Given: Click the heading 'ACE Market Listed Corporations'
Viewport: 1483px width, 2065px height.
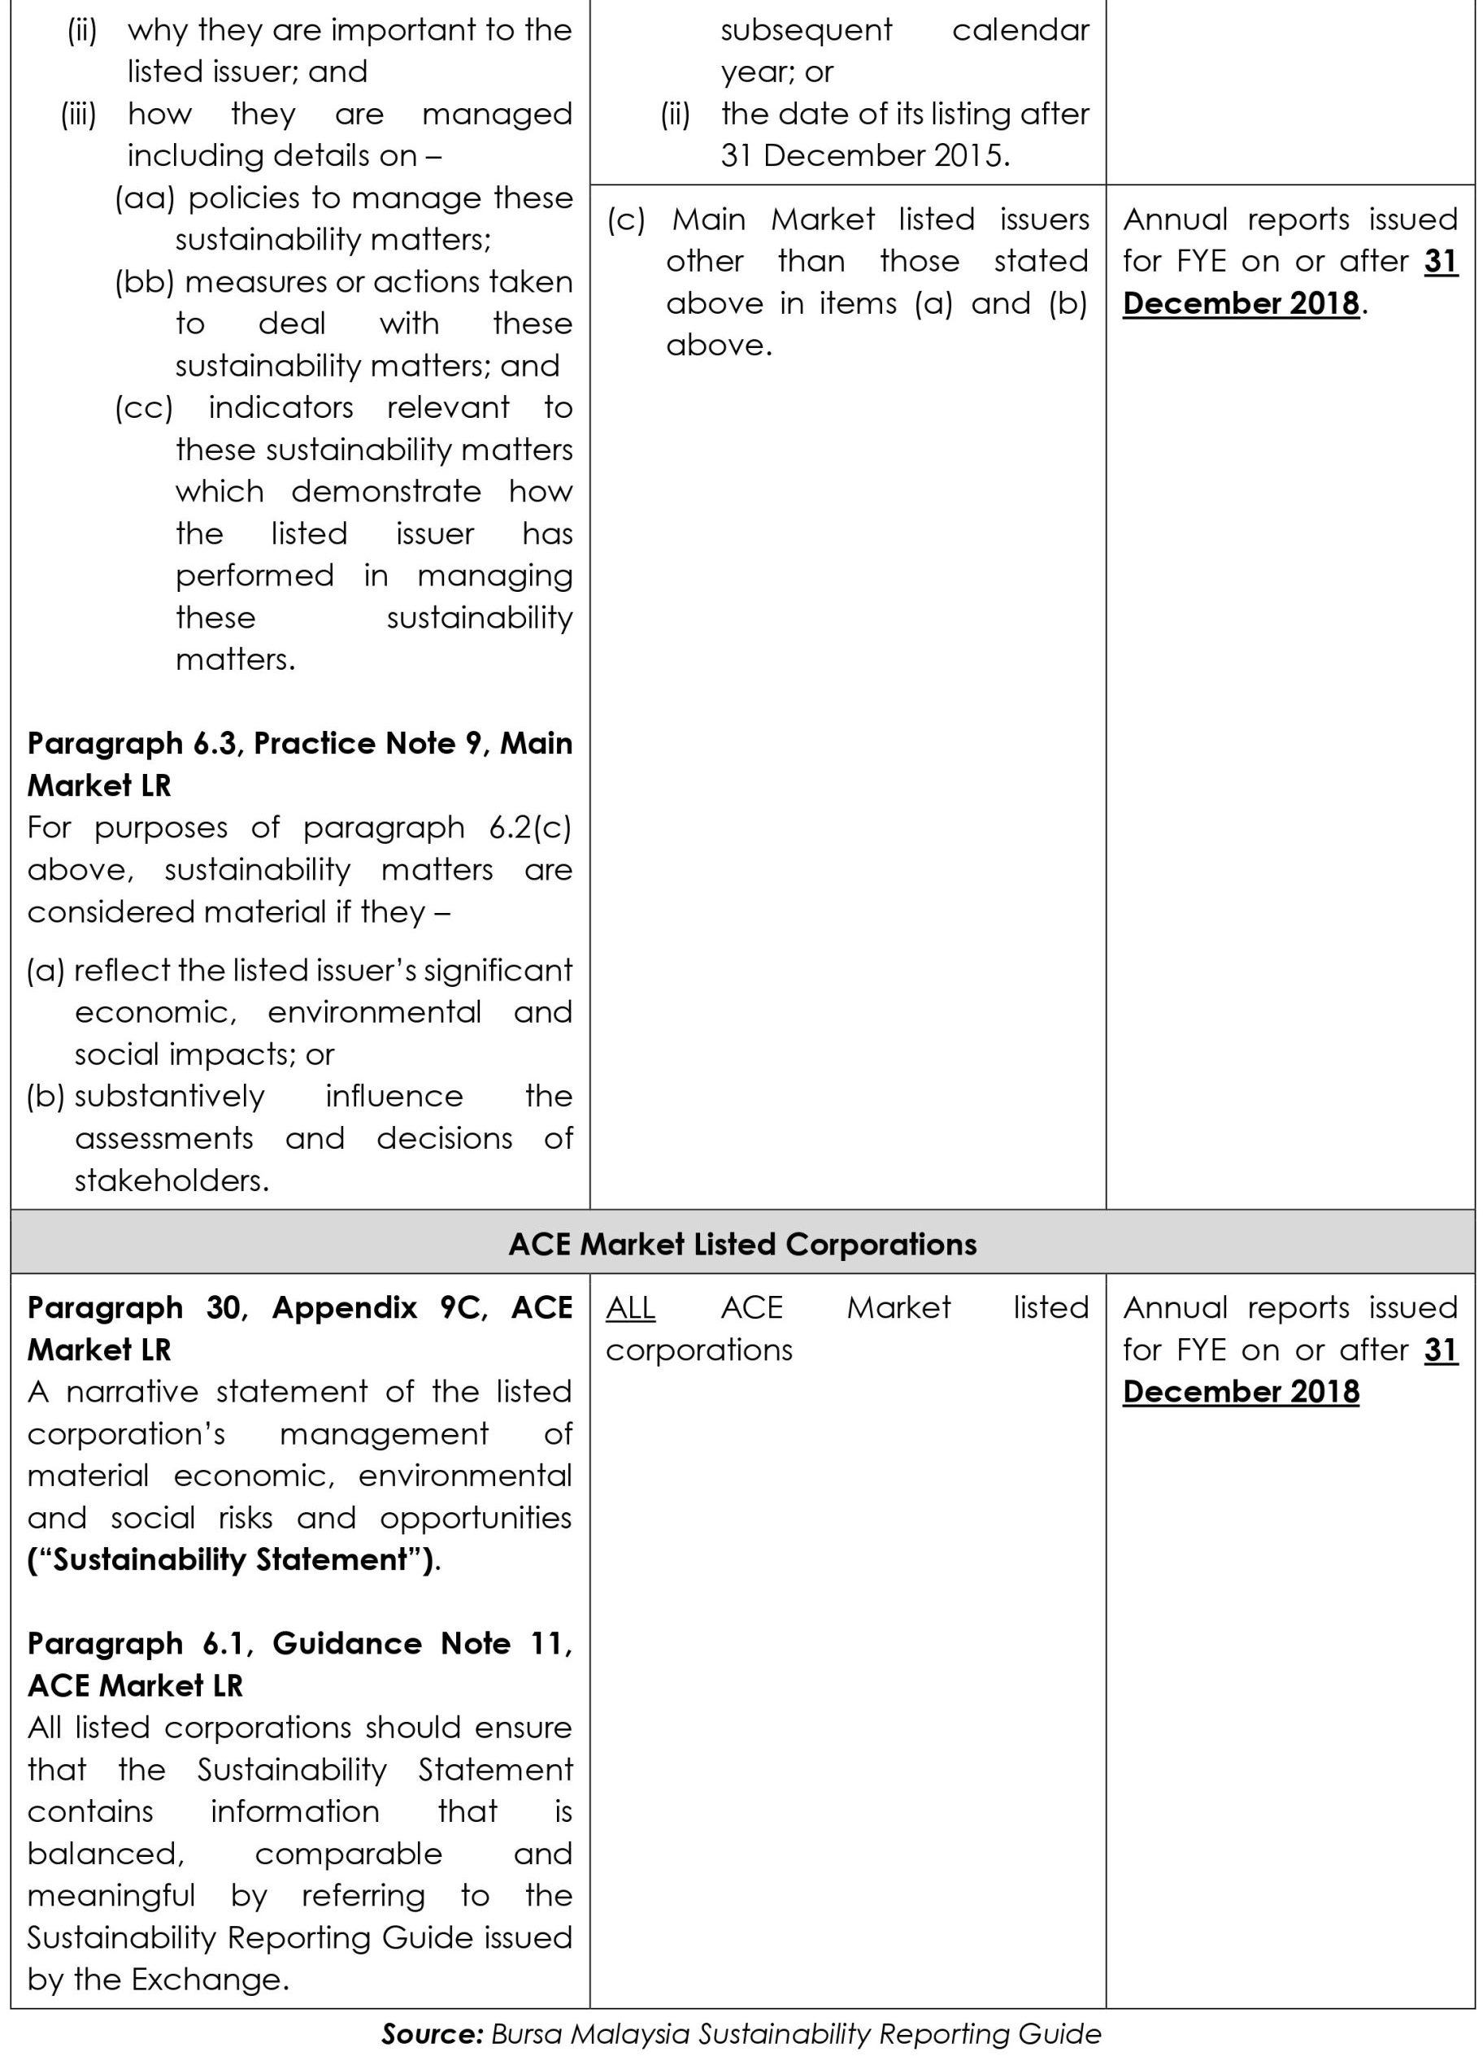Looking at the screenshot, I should (742, 1244).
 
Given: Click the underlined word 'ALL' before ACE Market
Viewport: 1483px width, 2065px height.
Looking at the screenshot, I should (630, 1307).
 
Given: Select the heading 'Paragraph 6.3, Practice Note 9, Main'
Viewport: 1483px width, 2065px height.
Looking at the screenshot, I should (299, 743).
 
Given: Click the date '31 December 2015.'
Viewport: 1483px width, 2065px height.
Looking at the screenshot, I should (865, 156).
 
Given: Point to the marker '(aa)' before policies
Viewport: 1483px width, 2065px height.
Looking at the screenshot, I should (144, 198).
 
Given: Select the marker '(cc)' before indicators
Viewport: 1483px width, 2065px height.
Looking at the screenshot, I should (144, 407).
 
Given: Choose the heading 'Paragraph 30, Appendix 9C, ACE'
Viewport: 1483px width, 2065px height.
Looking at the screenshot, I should (299, 1307).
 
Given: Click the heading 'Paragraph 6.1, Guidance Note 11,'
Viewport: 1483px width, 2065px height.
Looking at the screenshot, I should (299, 1643).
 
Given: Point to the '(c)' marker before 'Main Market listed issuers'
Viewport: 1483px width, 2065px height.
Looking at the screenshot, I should (625, 220).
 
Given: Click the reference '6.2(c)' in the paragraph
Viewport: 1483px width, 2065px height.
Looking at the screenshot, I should (530, 828).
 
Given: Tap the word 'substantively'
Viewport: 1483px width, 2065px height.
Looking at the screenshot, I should (169, 1095).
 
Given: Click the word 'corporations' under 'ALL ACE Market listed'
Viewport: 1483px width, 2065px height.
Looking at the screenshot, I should (699, 1350).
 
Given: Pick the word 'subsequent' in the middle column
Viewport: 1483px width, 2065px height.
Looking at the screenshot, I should (807, 30).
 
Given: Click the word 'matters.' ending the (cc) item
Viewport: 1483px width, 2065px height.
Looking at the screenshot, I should (235, 659).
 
